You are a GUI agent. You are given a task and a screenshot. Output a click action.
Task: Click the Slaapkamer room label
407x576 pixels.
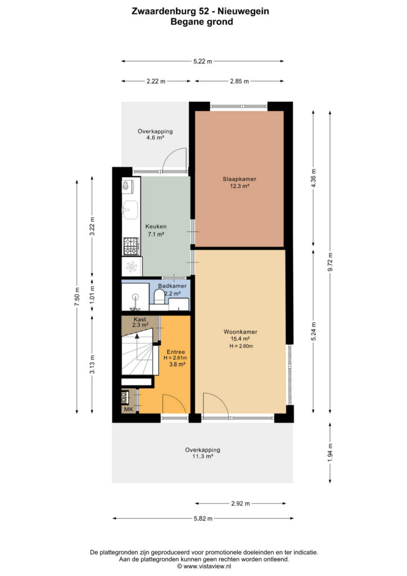point(239,179)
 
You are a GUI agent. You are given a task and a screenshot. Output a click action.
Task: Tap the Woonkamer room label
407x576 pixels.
point(241,332)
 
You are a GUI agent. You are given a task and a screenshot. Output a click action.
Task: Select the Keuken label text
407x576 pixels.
point(156,227)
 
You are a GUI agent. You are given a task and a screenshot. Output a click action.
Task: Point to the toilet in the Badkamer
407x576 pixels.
point(159,296)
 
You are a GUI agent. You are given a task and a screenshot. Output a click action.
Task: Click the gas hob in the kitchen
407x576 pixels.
point(130,246)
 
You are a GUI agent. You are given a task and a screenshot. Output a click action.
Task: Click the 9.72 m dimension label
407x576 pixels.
point(330,262)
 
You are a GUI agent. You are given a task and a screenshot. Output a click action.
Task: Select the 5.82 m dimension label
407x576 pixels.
point(203,519)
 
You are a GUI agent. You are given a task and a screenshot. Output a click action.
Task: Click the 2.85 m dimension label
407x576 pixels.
point(239,81)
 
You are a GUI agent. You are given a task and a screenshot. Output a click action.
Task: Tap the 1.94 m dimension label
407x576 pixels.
point(330,452)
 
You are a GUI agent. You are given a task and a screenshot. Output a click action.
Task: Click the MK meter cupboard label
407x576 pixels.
point(128,409)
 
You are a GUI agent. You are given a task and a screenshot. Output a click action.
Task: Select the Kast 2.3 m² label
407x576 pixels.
point(140,322)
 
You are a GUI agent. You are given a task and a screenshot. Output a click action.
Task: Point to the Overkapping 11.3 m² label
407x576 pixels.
point(202,453)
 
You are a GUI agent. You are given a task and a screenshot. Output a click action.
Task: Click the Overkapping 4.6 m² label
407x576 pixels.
point(155,134)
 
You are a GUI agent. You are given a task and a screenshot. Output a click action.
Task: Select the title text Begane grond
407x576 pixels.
point(201,22)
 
